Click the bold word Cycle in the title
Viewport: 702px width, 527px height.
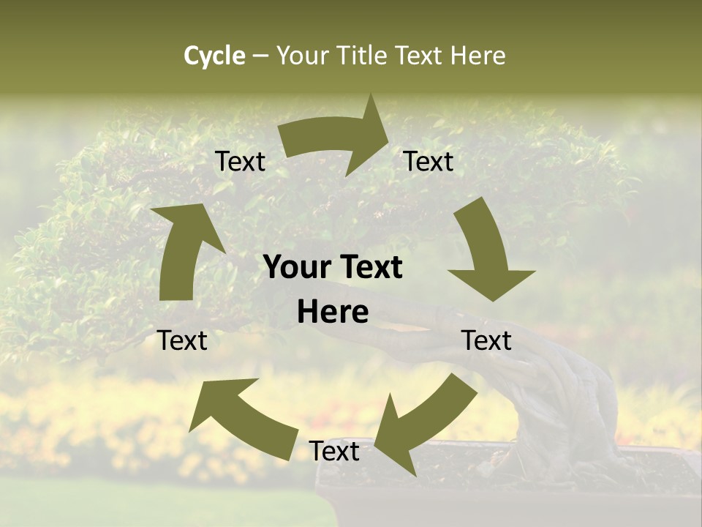(214, 56)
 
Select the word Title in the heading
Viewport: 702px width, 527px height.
(363, 56)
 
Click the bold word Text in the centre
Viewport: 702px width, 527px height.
(367, 268)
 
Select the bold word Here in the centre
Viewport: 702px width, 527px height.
(333, 313)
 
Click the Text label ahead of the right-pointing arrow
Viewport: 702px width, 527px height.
(429, 162)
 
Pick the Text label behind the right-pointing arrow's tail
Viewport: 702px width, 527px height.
(240, 162)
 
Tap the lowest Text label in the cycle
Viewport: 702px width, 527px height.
(334, 452)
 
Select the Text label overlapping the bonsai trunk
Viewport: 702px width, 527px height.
(486, 340)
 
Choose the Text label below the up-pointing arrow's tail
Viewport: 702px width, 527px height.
(183, 340)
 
